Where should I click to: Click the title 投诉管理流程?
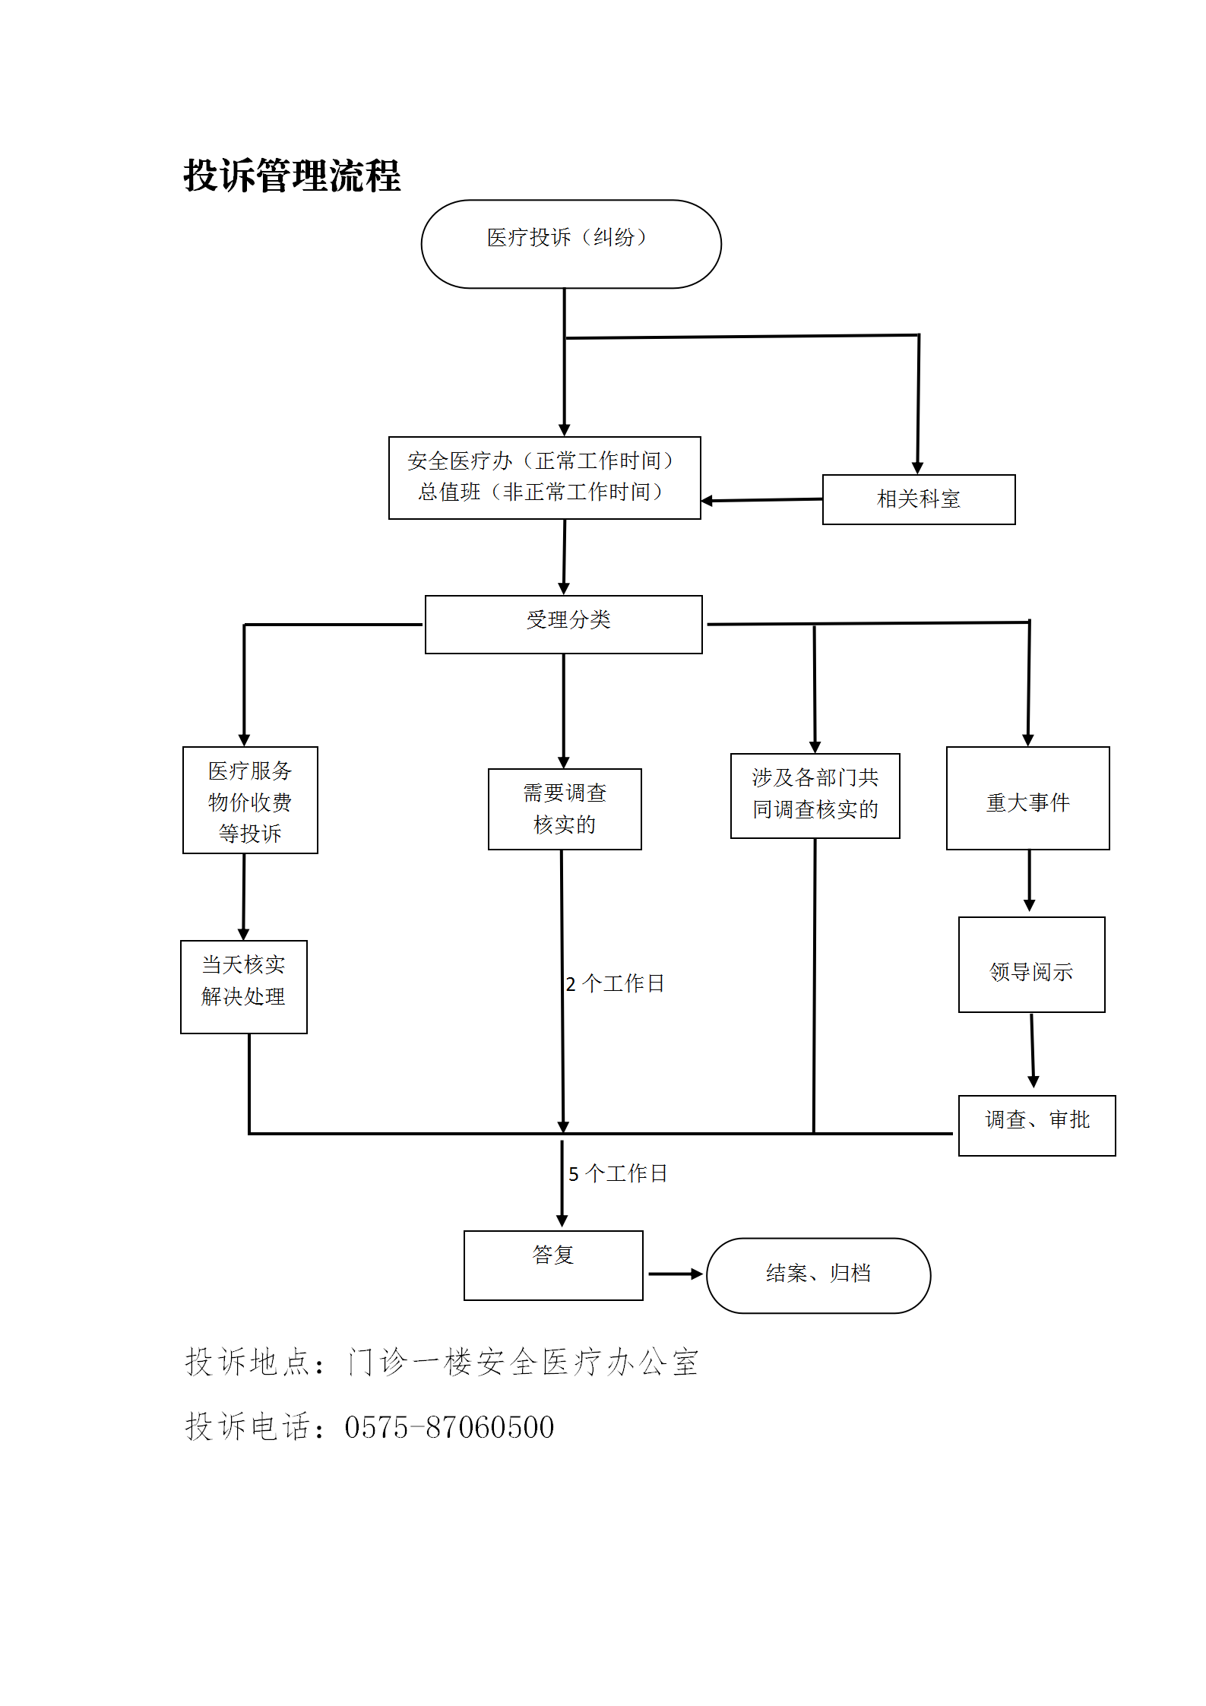(x=292, y=176)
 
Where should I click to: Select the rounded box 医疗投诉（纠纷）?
(x=571, y=244)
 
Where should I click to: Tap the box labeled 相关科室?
(x=918, y=499)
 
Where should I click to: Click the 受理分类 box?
(x=563, y=624)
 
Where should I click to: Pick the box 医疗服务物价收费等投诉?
(x=250, y=800)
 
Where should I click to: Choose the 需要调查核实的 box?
(x=565, y=809)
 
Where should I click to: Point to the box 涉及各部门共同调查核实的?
(x=815, y=795)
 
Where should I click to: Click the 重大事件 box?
(x=1027, y=799)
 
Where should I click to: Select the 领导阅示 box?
(x=1031, y=964)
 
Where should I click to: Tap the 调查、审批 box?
(x=1037, y=1125)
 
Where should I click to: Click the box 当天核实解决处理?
(x=243, y=986)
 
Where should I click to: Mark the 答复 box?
(x=553, y=1264)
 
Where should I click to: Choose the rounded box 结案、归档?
(x=818, y=1275)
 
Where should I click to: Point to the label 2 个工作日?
(x=615, y=984)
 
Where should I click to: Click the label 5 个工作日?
(x=618, y=1174)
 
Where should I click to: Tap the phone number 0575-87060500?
(x=449, y=1427)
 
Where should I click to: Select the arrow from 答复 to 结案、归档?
(x=674, y=1274)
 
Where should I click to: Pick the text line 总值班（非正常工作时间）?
(x=541, y=492)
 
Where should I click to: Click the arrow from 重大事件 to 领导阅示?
(x=1030, y=881)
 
